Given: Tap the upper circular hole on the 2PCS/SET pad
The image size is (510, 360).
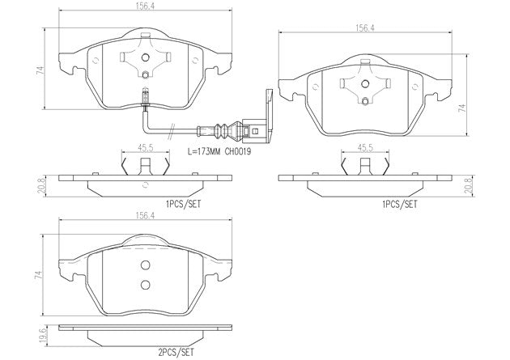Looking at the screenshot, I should point(146,266).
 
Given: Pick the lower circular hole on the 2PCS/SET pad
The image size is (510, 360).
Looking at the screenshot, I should point(146,283).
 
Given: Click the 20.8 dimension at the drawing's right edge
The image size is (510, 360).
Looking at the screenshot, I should point(467,185).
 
